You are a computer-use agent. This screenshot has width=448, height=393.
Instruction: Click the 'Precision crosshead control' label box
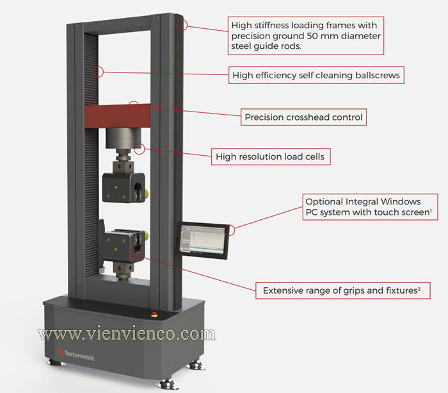coord(303,117)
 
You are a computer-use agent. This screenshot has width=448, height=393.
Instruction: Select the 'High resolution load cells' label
coord(271,156)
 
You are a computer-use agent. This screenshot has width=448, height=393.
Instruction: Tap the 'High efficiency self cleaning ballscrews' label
coord(316,75)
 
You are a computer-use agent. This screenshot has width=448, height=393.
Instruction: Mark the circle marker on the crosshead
coord(134,105)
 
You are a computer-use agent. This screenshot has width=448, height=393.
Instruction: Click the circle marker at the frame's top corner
coord(182,26)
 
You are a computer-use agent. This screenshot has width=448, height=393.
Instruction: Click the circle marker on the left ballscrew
coord(97,71)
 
